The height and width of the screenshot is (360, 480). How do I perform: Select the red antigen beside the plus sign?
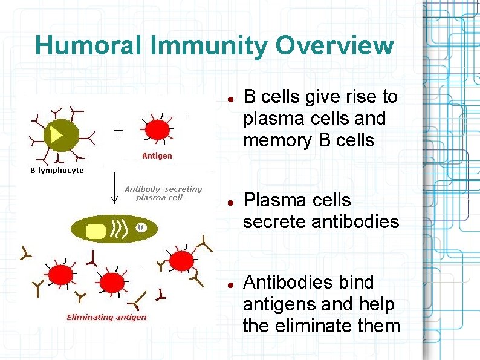tap(158, 129)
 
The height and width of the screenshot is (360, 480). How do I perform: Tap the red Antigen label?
tap(157, 155)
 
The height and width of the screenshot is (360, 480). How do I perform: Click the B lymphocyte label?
tap(57, 170)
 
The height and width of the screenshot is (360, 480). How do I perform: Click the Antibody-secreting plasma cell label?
tap(163, 192)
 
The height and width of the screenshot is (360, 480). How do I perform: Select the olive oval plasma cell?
tap(114, 229)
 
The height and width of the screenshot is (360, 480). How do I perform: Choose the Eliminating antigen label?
tap(106, 317)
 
